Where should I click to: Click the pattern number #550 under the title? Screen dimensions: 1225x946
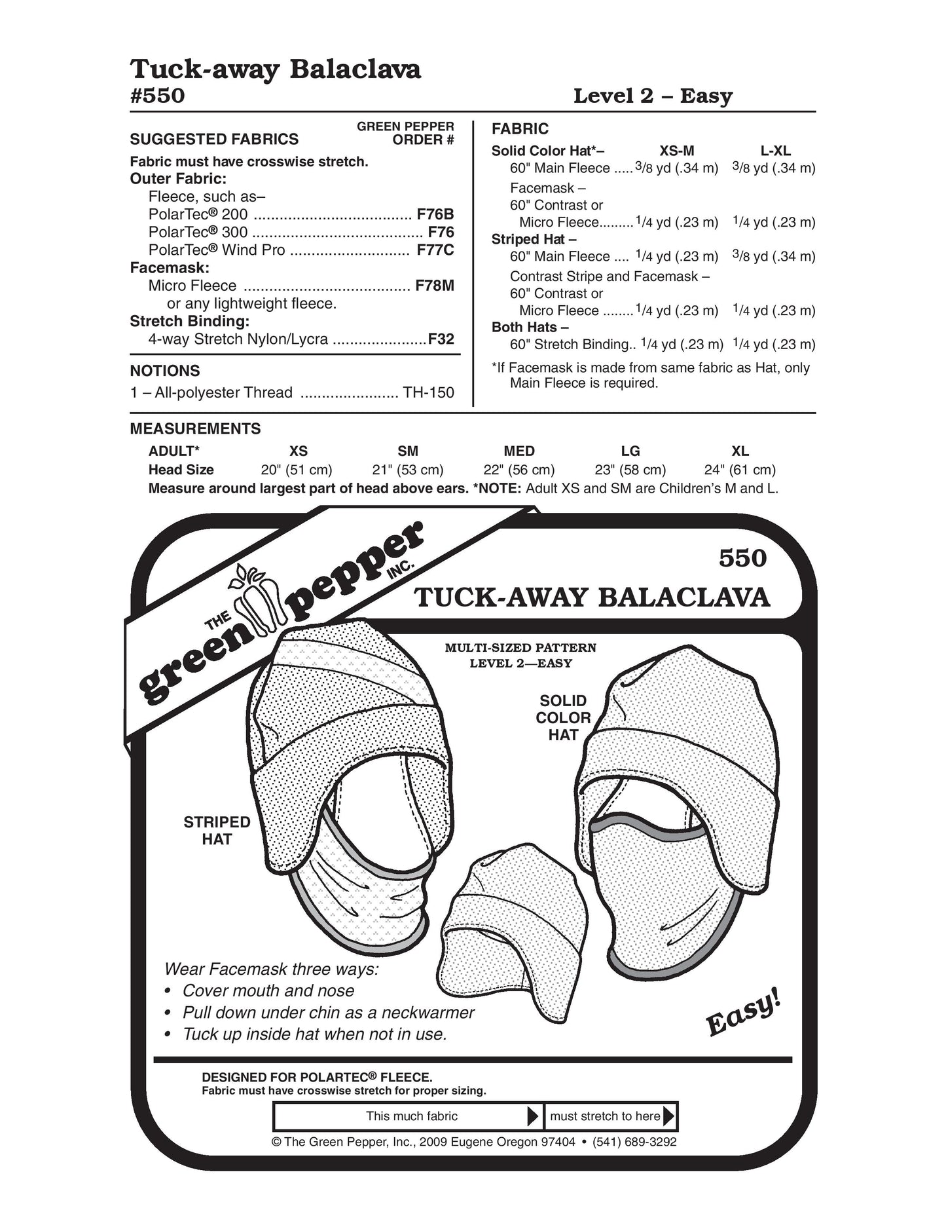[158, 96]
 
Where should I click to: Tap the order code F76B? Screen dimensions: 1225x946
[435, 214]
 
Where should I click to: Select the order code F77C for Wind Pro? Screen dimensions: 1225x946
[435, 250]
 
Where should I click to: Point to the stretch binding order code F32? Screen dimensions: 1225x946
[441, 339]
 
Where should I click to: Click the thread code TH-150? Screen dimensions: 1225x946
[428, 392]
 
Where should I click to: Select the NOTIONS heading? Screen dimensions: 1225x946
[165, 371]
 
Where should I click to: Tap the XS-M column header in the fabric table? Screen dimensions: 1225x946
[676, 151]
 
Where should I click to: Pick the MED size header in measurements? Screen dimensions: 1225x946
[519, 451]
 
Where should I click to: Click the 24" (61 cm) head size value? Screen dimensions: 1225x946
[740, 470]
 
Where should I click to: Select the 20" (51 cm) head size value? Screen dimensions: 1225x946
[297, 470]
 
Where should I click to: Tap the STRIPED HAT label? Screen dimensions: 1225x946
[217, 831]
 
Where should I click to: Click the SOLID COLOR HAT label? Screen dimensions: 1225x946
[563, 718]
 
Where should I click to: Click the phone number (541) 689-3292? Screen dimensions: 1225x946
[634, 1142]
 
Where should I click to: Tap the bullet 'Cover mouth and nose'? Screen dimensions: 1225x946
[268, 990]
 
